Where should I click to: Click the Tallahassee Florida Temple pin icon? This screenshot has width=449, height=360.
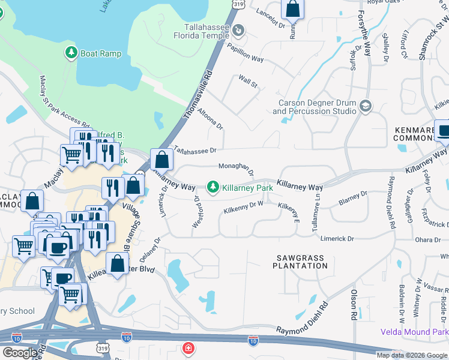pos(239,29)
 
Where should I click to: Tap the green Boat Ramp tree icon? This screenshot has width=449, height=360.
pos(71,53)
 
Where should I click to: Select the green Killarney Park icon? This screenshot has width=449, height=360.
pos(212,188)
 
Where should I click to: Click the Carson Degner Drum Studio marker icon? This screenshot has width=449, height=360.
pos(365,106)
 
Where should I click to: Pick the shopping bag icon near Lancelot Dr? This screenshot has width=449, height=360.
pos(292,8)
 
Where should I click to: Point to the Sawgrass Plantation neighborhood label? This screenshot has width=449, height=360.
pos(300,262)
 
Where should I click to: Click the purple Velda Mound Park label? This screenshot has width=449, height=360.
pos(414,332)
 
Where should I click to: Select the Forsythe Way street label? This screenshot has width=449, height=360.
pos(364,34)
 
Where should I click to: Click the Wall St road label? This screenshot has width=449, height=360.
pos(247,81)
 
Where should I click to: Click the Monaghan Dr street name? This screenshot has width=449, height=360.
pos(236,169)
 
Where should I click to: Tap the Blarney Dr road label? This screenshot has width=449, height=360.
pos(352,199)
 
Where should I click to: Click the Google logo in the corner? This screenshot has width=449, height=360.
pos(20,353)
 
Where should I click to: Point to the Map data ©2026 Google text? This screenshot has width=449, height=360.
pos(412,355)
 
